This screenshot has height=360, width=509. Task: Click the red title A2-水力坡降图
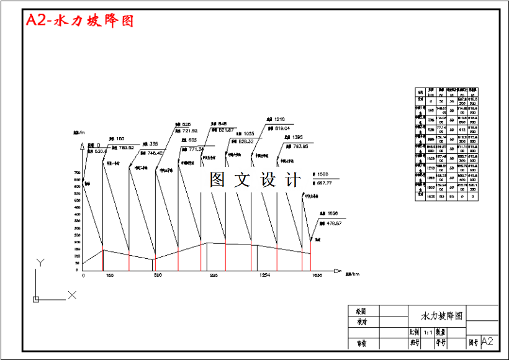click(x=79, y=20)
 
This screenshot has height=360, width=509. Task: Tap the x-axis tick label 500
click(x=158, y=275)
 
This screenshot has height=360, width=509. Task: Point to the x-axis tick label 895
click(x=213, y=275)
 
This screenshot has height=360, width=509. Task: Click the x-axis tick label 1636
click(x=317, y=275)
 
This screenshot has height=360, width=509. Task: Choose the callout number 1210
click(x=279, y=119)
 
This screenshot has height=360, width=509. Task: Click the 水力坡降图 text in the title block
click(x=442, y=316)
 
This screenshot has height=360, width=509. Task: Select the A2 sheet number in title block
click(x=488, y=341)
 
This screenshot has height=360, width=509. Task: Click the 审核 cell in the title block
click(x=361, y=343)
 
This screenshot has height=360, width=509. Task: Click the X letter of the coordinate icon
click(x=72, y=295)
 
